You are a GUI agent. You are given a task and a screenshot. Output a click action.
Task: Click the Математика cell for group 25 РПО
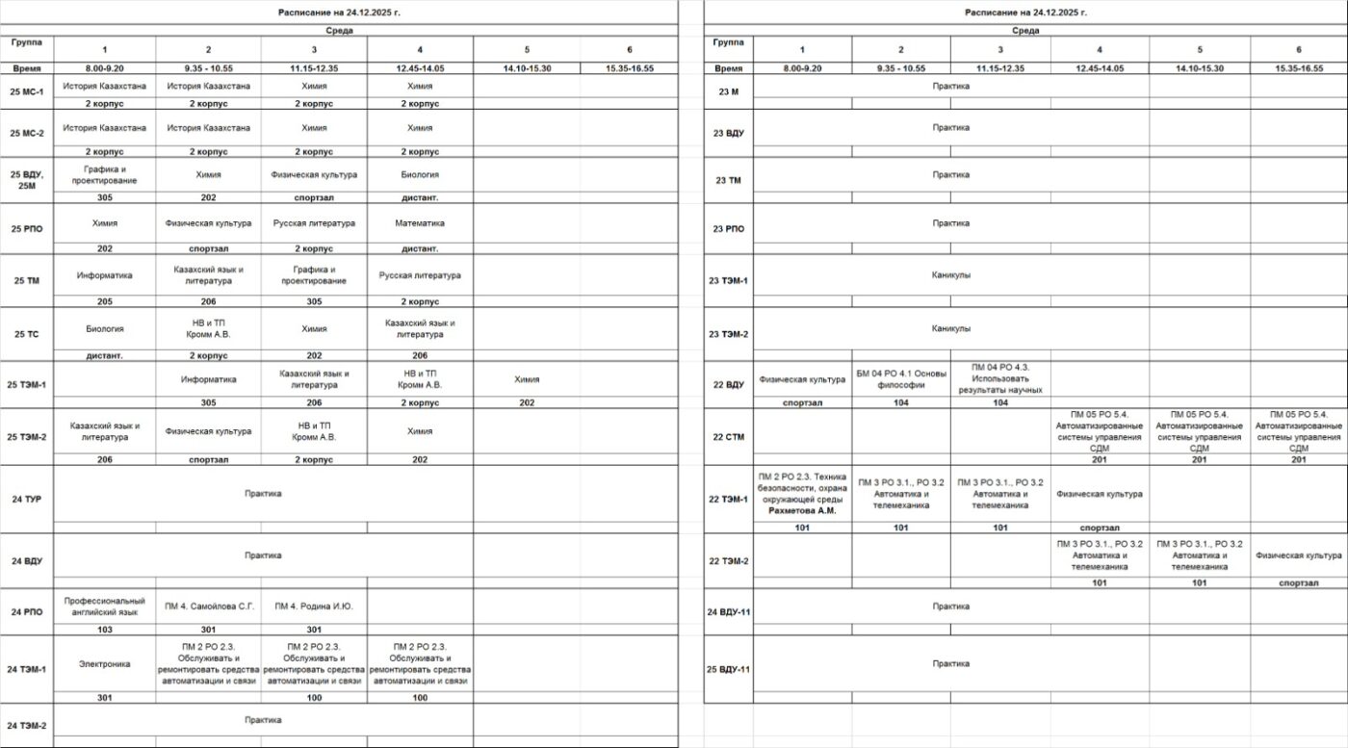(x=419, y=223)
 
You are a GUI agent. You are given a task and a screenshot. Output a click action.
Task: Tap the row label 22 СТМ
(x=729, y=437)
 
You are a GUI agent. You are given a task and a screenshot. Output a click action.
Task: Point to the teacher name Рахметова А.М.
(x=803, y=511)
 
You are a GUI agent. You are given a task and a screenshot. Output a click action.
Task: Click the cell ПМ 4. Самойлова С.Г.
(x=208, y=606)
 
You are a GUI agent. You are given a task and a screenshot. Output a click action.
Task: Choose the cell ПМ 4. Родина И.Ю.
(x=314, y=606)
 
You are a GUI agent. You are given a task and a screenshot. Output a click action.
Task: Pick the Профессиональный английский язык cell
(x=104, y=606)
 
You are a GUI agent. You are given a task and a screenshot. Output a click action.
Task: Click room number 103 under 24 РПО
(x=104, y=630)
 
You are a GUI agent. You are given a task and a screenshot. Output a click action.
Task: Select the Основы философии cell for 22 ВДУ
(x=901, y=379)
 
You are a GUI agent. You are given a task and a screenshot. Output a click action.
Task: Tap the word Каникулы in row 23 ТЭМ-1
(x=950, y=275)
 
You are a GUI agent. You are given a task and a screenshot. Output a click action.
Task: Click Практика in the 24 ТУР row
(x=263, y=494)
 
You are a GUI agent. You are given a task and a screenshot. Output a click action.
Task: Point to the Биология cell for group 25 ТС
(x=104, y=329)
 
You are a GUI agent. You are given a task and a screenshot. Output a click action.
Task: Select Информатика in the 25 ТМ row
(x=104, y=275)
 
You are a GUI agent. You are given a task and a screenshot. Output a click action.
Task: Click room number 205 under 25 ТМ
(x=104, y=301)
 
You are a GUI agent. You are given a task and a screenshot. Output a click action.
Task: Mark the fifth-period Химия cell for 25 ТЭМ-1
(x=526, y=379)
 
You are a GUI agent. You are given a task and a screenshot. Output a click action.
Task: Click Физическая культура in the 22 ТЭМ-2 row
(x=1298, y=555)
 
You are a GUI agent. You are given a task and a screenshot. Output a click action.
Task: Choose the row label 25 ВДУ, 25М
(x=26, y=180)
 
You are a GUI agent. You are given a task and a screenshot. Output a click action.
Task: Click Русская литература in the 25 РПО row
(x=314, y=223)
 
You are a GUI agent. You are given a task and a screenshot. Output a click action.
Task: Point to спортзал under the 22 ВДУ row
(x=802, y=403)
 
